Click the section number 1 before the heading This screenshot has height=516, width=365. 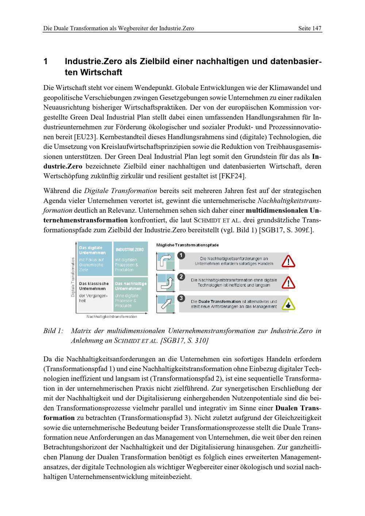click(x=46, y=61)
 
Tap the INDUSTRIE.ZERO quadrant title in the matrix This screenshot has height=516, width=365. click(x=130, y=250)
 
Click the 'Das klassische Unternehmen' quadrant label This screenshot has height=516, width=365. click(x=94, y=286)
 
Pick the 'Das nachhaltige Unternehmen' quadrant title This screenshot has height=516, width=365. click(x=130, y=286)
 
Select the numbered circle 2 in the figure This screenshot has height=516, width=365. click(x=181, y=277)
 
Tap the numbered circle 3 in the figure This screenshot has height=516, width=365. click(x=181, y=299)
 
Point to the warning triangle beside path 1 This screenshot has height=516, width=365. click(x=289, y=261)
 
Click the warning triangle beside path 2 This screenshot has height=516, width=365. click(x=289, y=282)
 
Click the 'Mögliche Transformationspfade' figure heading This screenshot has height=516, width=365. click(x=187, y=245)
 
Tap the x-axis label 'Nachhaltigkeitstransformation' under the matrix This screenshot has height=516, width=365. click(x=112, y=317)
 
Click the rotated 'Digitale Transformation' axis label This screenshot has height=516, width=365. click(x=73, y=277)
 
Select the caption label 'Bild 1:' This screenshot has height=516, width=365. click(x=53, y=331)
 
